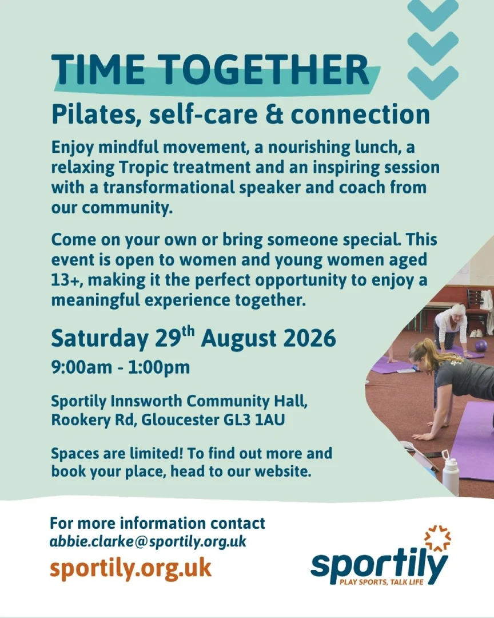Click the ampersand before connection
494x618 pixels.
pos(274,114)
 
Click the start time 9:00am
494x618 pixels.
pos(82,367)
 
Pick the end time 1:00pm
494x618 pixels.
pos(159,368)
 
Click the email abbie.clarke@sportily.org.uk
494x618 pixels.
pos(148,542)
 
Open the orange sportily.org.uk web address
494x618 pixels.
pos(131,568)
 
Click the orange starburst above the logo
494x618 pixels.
pos(437,538)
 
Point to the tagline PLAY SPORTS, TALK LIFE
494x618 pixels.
pos(381,582)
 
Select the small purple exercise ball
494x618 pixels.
pos(482,346)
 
